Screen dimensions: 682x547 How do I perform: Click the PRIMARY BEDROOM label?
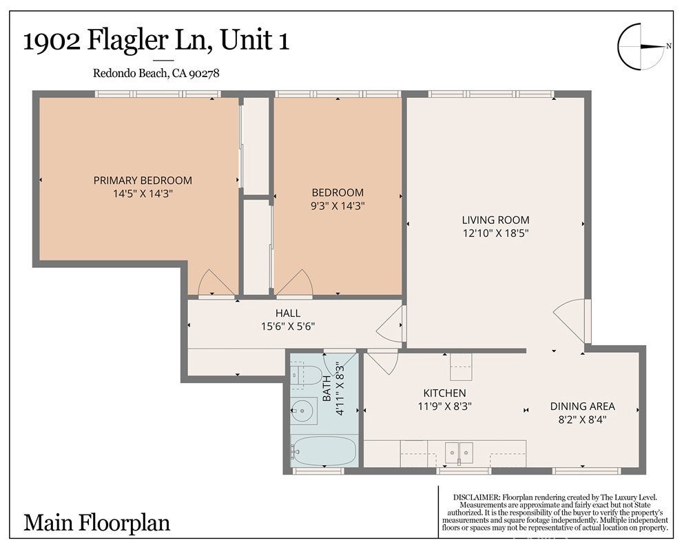pos(143,180)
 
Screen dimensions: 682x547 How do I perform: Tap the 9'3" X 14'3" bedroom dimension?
pos(338,206)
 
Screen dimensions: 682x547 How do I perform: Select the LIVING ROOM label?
pos(495,220)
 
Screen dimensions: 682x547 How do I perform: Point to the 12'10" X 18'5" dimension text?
pos(495,233)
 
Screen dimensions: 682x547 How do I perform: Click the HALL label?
pos(287,313)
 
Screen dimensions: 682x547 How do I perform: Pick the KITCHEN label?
pos(444,393)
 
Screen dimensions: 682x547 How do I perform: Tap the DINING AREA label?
pos(582,406)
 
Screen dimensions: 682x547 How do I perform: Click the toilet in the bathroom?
pos(304,375)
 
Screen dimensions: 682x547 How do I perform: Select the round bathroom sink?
pos(301,410)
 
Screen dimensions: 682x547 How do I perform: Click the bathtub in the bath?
pos(324,451)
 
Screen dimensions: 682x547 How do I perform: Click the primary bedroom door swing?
pos(211,282)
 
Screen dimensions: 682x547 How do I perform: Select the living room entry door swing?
pos(569,320)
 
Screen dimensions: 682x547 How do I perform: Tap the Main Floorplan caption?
pos(96,523)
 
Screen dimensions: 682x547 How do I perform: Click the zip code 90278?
pos(205,73)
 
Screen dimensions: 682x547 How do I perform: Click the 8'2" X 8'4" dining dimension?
pos(582,420)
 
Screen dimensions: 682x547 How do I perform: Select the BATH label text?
pos(327,389)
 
